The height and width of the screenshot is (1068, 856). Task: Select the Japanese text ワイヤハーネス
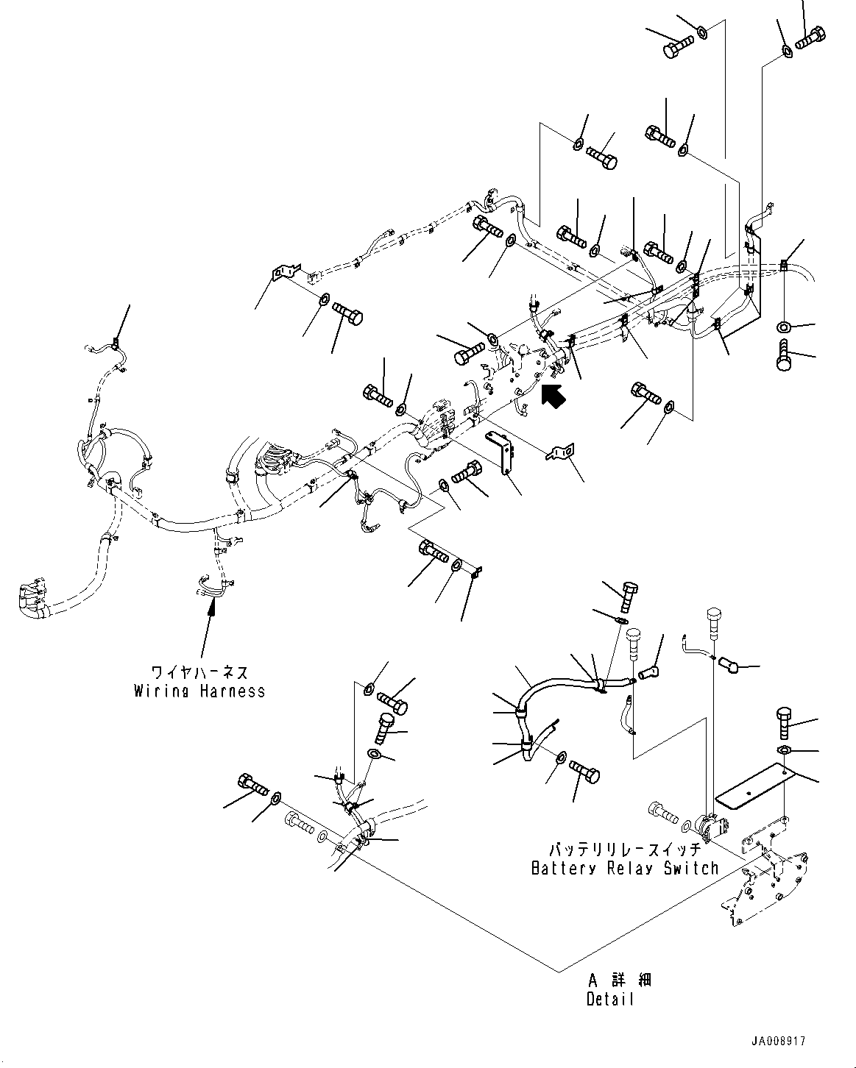click(199, 672)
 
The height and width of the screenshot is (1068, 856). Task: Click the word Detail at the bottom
click(610, 1000)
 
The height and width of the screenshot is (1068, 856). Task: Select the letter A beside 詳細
click(593, 980)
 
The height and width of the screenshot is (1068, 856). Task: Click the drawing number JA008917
click(779, 1042)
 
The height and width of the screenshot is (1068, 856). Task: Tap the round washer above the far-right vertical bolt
click(785, 326)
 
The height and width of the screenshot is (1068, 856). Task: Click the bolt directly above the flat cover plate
click(785, 722)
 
